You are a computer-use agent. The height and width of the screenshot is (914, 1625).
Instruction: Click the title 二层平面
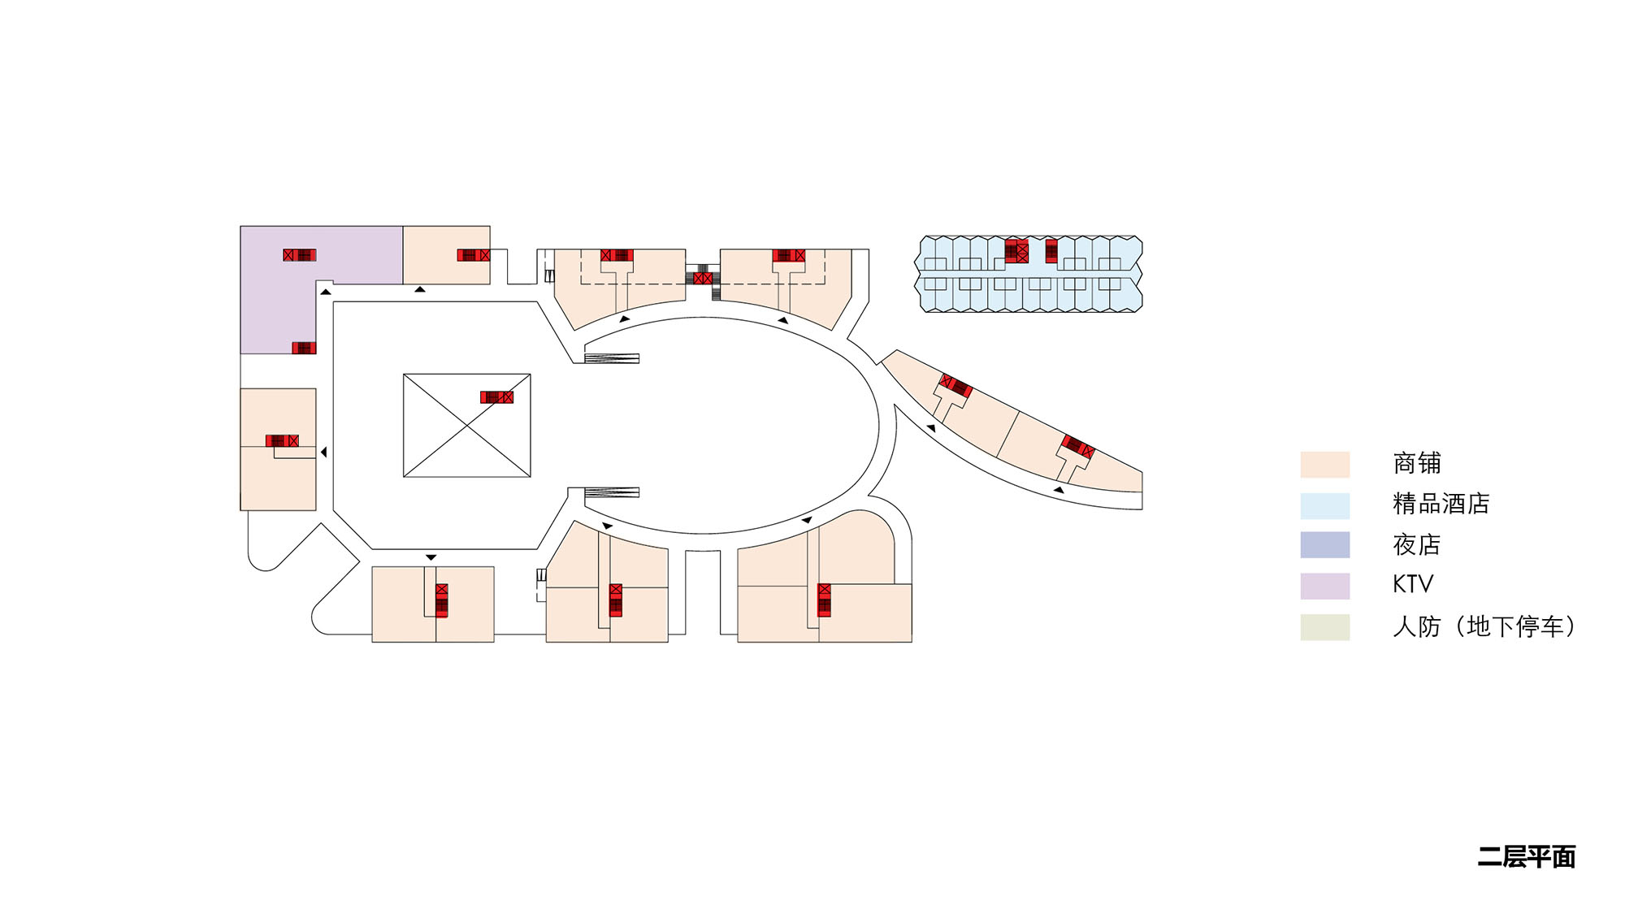coord(1526,857)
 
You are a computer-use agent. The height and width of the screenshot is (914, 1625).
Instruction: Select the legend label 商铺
coord(1416,463)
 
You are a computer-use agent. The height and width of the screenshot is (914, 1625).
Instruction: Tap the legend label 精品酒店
coord(1441,504)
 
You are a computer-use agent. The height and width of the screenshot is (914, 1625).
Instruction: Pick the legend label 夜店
coord(1416,544)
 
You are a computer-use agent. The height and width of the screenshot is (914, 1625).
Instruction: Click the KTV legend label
coord(1412,584)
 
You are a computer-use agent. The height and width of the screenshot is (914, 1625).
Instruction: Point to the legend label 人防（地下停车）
coord(1484,626)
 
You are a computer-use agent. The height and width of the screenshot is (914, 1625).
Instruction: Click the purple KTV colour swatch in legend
coord(1324,586)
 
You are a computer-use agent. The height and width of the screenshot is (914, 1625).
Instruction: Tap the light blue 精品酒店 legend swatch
coord(1324,505)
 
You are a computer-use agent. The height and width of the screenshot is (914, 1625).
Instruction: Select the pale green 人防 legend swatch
coord(1324,627)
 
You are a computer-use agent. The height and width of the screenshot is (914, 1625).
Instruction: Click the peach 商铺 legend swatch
coord(1324,465)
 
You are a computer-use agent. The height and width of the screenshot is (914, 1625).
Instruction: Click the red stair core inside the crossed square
coord(496,397)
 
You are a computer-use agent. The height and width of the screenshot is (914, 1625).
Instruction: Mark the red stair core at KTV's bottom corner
coord(304,348)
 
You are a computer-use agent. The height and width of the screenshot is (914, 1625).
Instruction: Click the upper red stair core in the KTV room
coord(299,255)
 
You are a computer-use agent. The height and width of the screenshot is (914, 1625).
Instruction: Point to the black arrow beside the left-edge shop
coord(323,452)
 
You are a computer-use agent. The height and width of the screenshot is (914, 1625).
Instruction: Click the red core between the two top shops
coord(703,278)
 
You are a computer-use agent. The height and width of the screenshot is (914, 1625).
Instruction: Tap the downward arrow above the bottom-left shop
coord(431,557)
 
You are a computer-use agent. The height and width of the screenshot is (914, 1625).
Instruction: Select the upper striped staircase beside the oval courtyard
coord(611,358)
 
